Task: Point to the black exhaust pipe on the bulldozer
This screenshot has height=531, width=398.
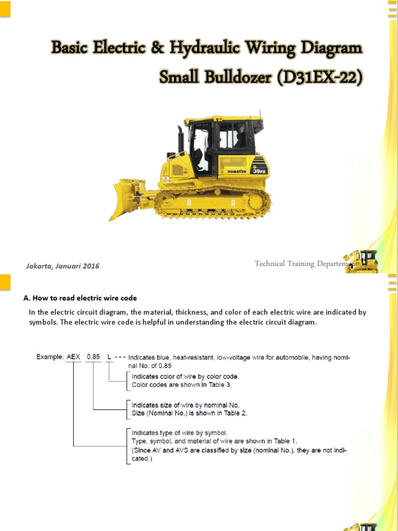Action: click(x=180, y=139)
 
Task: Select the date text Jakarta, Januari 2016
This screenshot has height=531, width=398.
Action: click(x=63, y=266)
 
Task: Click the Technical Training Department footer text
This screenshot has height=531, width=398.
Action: click(x=304, y=264)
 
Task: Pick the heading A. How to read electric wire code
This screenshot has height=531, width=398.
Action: click(x=80, y=298)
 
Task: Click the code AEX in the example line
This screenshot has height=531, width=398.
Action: click(x=74, y=357)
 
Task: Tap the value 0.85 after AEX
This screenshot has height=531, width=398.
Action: click(x=93, y=357)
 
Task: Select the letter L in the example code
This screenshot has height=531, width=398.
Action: click(x=109, y=357)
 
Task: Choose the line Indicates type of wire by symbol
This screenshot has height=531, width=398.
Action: click(x=179, y=432)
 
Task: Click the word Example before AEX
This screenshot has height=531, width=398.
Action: click(x=50, y=357)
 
